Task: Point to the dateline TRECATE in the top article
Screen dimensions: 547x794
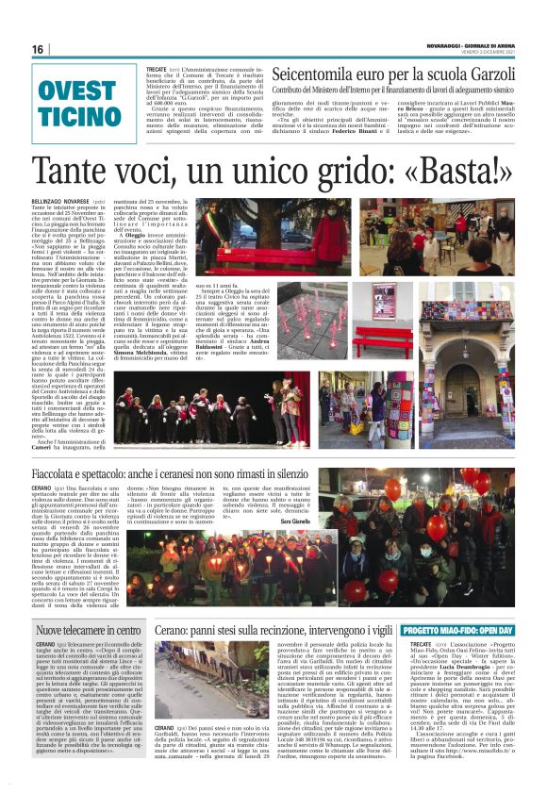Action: pos(157,70)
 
